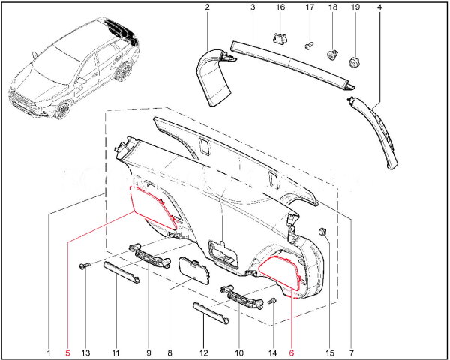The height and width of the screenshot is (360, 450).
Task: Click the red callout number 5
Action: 67,352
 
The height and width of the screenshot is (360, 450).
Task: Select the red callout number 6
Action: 292,352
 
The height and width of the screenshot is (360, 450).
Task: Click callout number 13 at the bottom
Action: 85,352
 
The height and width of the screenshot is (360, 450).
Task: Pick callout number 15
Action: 328,352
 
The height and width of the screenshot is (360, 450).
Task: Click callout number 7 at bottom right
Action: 351,352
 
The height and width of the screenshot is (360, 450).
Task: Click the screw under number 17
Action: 308,46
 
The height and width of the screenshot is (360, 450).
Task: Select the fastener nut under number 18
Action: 331,54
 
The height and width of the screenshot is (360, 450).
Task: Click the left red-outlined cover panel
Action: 153,208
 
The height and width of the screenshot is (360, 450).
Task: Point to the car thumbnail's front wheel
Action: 63,109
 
